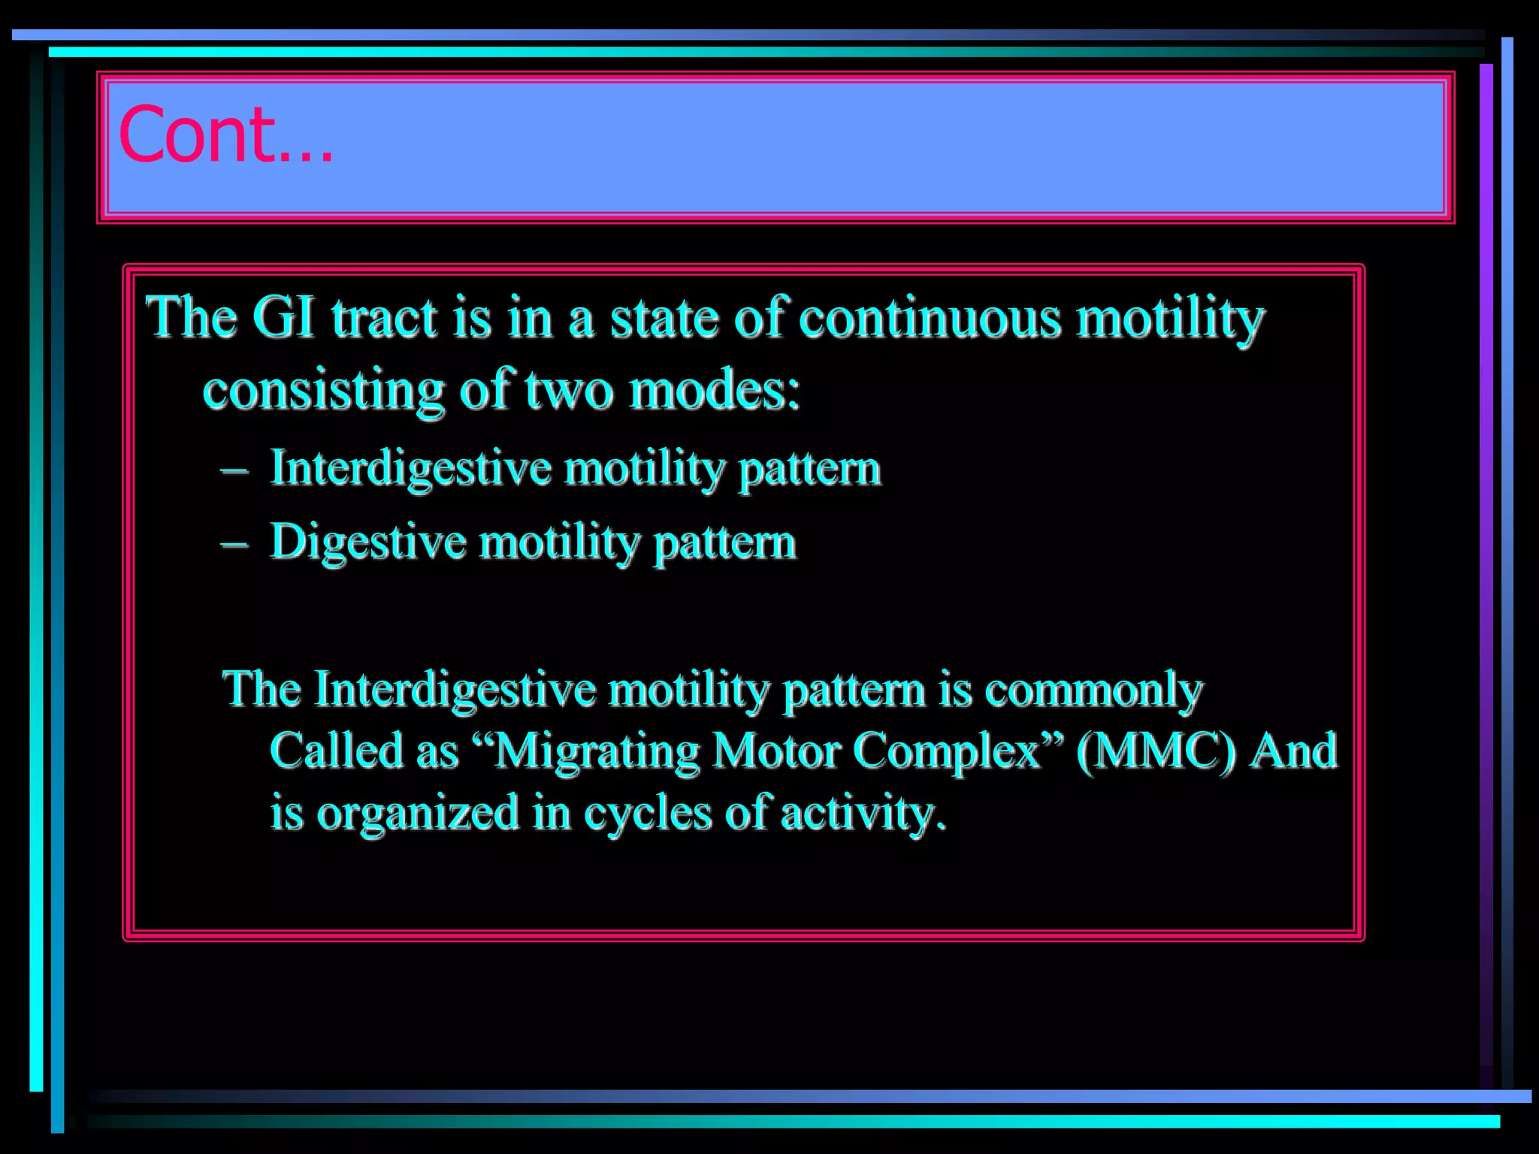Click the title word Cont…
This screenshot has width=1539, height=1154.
[x=225, y=135]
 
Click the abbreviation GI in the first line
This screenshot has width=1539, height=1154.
[x=283, y=317]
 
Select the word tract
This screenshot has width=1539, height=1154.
[x=384, y=317]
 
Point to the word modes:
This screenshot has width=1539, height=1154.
[x=714, y=391]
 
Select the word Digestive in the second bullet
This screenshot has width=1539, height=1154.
[x=367, y=542]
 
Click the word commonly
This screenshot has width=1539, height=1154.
[x=1093, y=690]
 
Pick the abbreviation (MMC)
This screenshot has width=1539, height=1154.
[x=1156, y=751]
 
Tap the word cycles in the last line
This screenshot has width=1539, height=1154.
[x=647, y=814]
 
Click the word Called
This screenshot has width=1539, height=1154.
[x=337, y=751]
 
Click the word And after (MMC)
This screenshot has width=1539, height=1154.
[x=1293, y=751]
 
